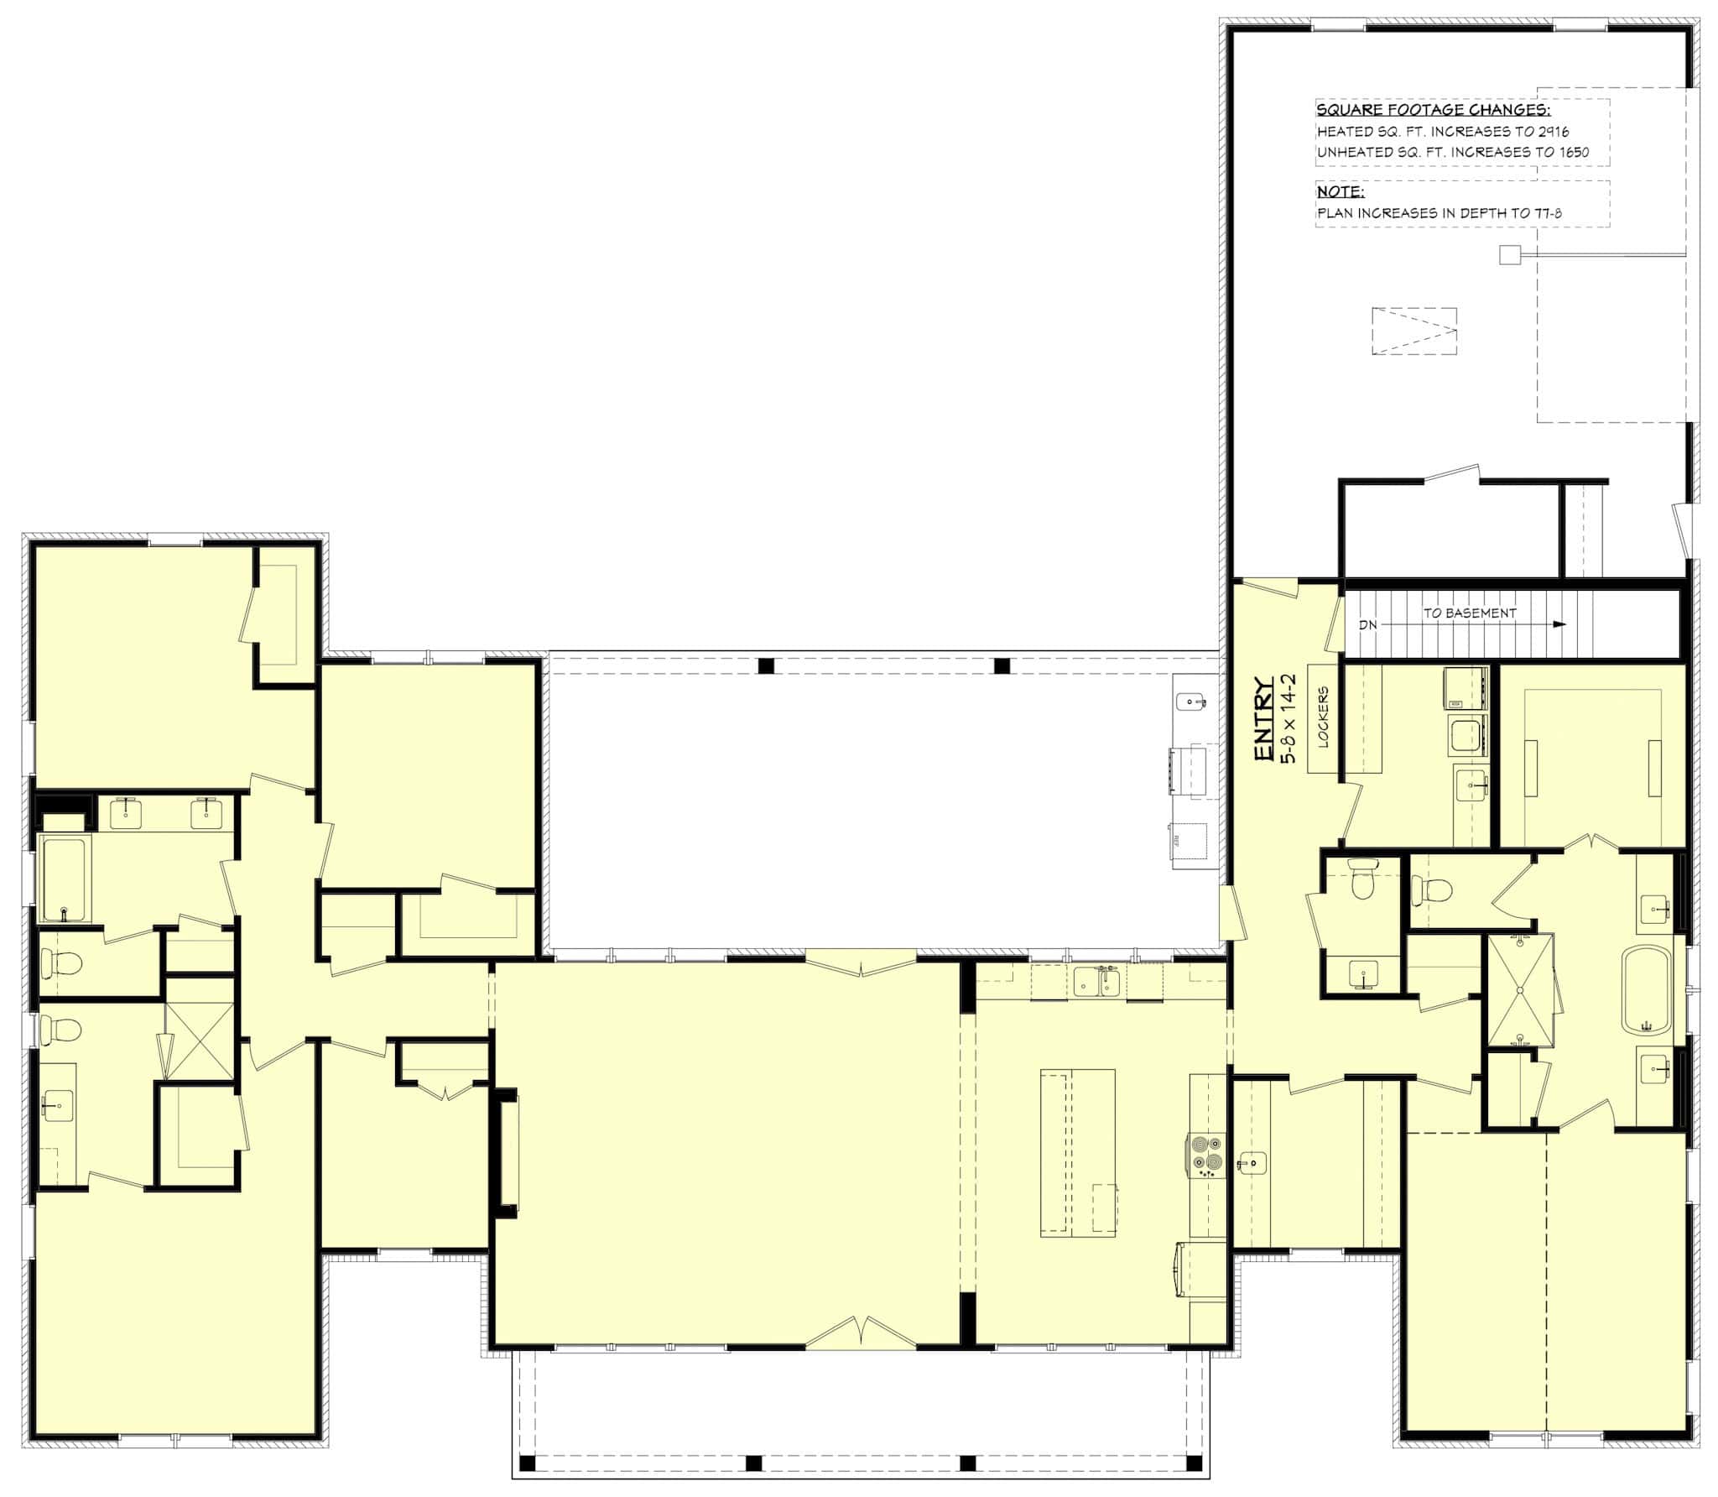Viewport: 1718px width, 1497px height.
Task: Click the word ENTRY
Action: coord(1264,720)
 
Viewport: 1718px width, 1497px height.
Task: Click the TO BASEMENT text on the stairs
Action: coord(1470,613)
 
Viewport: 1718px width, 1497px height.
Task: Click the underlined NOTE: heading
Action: coord(1341,192)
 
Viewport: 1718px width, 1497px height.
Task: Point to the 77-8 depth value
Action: coord(1545,213)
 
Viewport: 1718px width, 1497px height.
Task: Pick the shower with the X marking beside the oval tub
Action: coord(1520,991)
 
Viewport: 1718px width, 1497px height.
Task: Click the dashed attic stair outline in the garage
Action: coord(1414,331)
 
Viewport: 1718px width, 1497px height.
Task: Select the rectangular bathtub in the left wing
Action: coord(64,878)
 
